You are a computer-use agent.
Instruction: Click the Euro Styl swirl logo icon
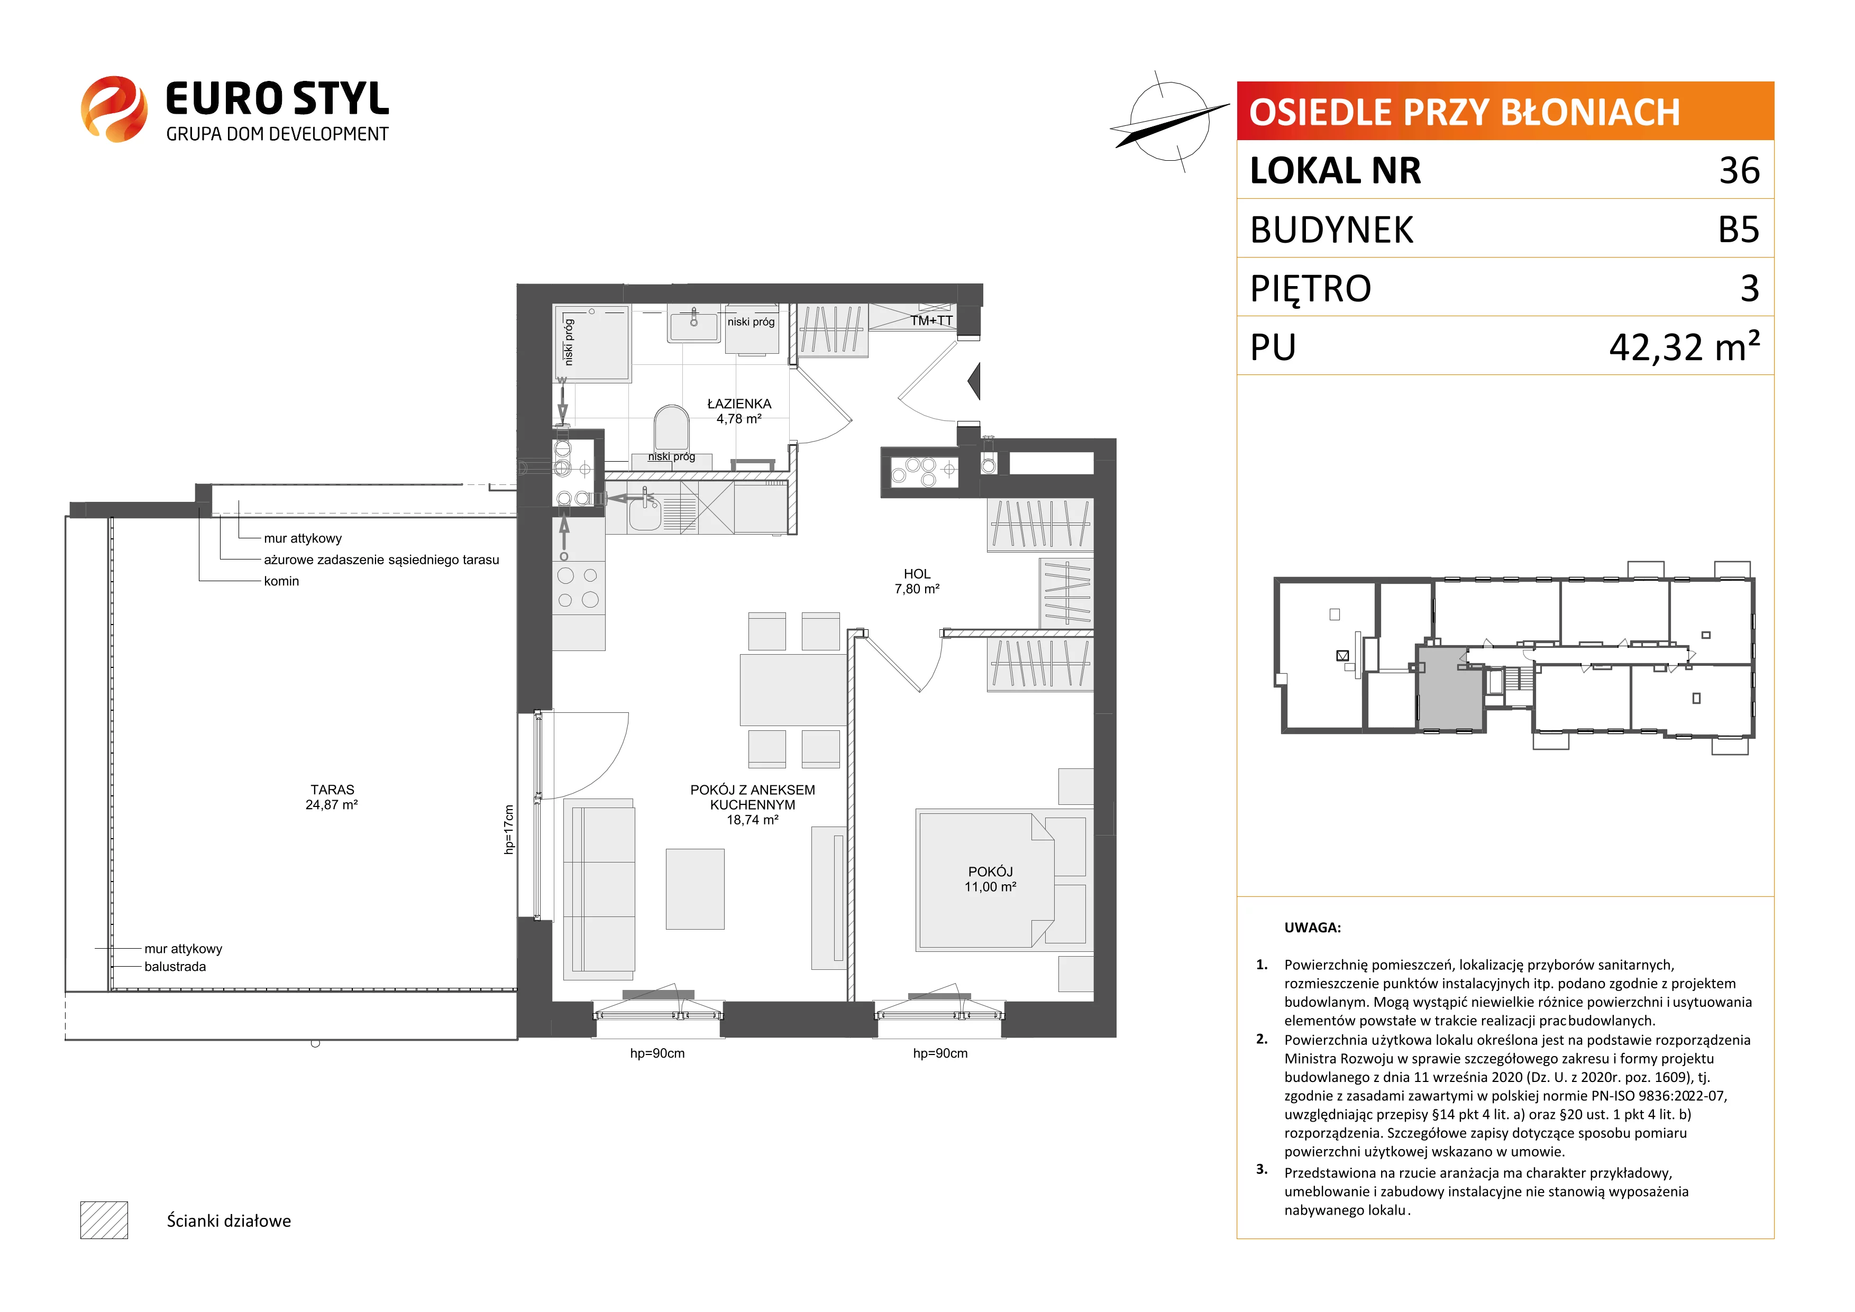114,109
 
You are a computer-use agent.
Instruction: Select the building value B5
1739,230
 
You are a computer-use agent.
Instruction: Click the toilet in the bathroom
671,427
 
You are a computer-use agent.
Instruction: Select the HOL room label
917,574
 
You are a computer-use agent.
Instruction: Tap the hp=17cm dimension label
509,830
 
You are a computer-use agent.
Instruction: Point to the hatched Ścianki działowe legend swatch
104,1220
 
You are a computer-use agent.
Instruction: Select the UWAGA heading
1313,928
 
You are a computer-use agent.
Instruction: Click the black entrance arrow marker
974,381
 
